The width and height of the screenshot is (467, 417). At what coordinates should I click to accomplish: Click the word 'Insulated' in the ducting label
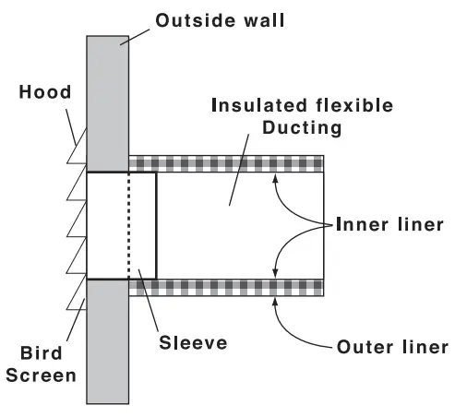coord(257,105)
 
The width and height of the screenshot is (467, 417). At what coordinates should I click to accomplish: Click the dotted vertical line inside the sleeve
coord(129,225)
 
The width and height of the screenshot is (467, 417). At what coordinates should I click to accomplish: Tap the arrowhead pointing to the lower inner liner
coord(274,272)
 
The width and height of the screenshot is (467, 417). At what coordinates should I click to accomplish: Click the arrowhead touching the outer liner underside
coord(274,301)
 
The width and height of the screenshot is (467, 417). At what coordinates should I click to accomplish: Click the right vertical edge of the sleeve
coord(156,225)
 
